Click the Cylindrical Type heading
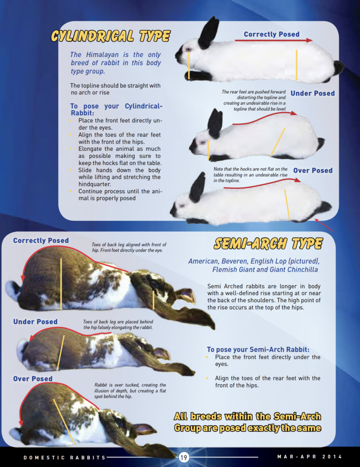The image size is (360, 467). coord(110,36)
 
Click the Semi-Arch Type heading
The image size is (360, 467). coord(268,243)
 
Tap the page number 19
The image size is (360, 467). coord(184,458)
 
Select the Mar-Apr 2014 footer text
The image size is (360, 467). coord(309,457)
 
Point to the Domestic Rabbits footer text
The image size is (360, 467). coord(64,458)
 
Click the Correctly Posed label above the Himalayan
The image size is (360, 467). coord(271,34)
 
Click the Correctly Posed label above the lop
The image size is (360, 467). coord(41,241)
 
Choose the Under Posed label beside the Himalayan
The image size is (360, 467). coord(312,94)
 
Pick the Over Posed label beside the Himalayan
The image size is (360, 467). coord(313,171)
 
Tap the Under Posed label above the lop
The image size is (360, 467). coord(35,322)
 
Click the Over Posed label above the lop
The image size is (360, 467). coord(33,379)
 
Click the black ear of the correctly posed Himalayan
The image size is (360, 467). coord(209,33)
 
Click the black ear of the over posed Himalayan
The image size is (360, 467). coord(197,187)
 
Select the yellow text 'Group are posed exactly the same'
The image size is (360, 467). coord(247,428)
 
